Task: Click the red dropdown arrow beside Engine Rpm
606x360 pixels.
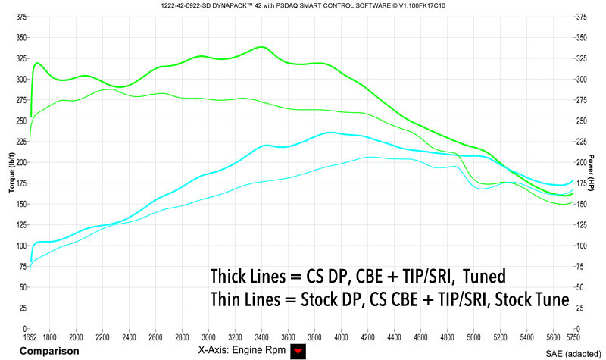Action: (296, 352)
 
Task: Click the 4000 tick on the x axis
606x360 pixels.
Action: (341, 337)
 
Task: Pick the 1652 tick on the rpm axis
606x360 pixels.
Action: (31, 337)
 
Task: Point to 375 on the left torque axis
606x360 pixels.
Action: (20, 16)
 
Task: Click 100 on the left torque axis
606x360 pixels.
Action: (20, 246)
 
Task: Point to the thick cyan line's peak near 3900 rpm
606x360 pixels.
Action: (329, 133)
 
